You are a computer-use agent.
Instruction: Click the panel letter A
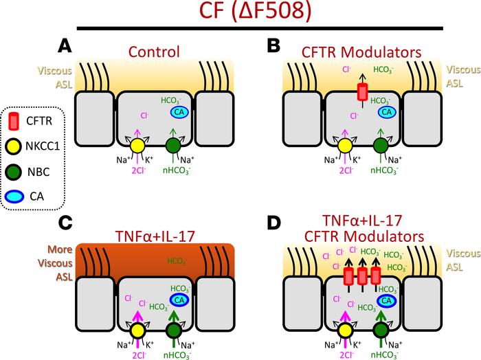pyautogui.click(x=65, y=46)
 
